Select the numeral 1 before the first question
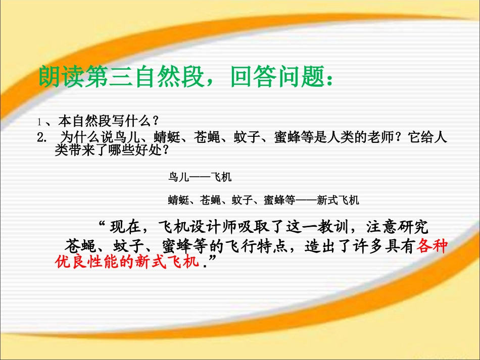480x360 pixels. (38, 122)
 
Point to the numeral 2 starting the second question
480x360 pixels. (41, 137)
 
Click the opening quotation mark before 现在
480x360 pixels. (102, 223)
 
